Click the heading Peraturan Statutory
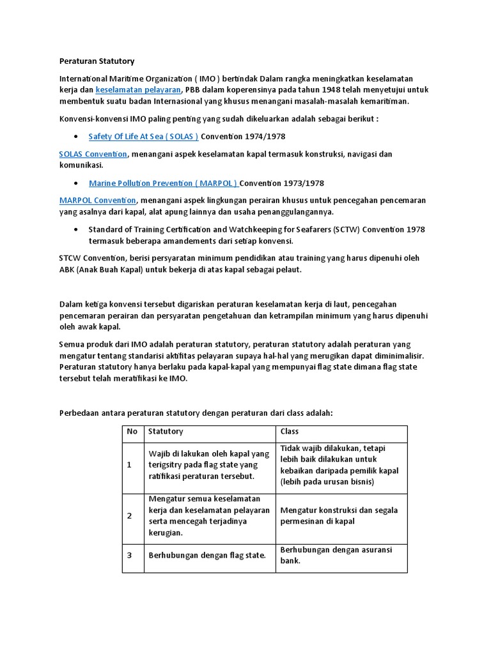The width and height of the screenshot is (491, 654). [x=97, y=61]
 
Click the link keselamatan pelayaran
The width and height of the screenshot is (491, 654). [x=139, y=89]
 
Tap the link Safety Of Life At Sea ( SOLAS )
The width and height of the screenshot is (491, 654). [x=143, y=137]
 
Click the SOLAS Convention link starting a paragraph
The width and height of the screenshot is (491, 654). [x=93, y=155]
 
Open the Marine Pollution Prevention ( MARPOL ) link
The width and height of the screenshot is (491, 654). [x=163, y=183]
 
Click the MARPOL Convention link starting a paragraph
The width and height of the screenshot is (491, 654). [x=97, y=201]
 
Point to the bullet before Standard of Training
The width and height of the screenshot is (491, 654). [x=76, y=229]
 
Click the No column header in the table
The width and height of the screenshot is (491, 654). [x=132, y=432]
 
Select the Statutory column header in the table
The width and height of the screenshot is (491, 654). [x=166, y=432]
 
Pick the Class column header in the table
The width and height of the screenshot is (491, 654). [x=290, y=432]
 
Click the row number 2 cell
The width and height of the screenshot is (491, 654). [x=130, y=516]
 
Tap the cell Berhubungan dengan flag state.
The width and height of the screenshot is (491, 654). [x=207, y=556]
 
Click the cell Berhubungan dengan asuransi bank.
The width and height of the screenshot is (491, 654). [x=336, y=555]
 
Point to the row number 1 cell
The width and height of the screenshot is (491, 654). [x=130, y=465]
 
